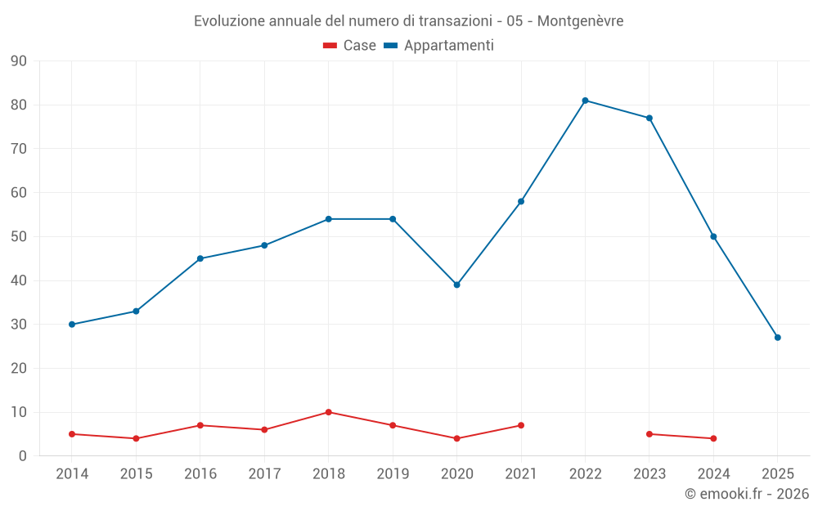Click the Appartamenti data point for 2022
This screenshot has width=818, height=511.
point(585,101)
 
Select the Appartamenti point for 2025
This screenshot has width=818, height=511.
point(777,338)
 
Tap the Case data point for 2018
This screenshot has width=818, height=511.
point(328,412)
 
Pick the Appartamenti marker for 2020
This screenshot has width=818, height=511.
point(456,285)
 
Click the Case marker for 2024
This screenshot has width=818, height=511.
point(713,438)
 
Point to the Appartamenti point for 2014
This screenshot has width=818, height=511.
point(72,325)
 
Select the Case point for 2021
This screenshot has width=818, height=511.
point(520,425)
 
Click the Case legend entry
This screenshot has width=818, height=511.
point(350,46)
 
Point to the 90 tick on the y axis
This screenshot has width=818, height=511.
point(19,61)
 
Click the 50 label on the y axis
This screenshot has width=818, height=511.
point(19,237)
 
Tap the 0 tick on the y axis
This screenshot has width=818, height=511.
point(23,456)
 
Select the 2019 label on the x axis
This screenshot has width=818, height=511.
point(393,474)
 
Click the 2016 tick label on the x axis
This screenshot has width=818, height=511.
point(200,474)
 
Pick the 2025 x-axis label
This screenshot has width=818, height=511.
point(777,474)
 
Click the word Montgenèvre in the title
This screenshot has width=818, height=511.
point(580,21)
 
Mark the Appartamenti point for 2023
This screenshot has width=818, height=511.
point(649,118)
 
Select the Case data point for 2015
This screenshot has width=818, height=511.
point(136,438)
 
